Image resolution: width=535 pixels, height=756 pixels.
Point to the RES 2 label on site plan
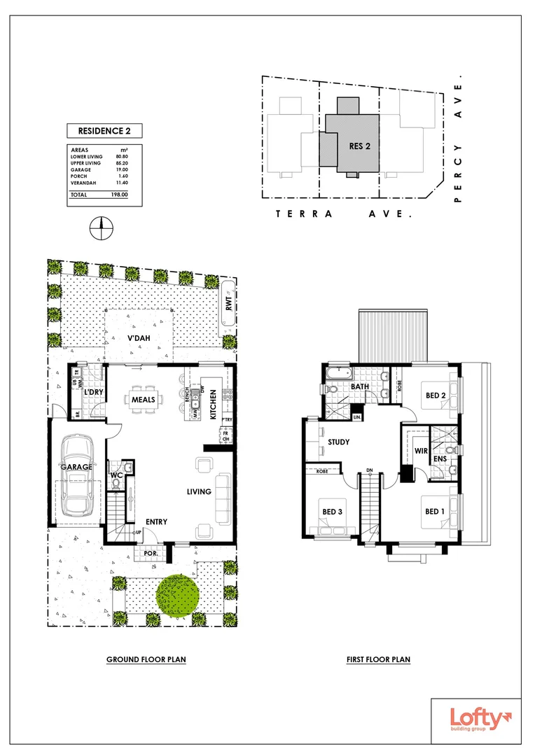pos(359,146)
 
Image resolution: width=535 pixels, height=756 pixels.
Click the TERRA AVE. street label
pos(343,214)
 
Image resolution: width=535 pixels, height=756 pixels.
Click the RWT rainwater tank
pos(228,302)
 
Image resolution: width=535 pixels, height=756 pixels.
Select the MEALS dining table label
pos(143,400)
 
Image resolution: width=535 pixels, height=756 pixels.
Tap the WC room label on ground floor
pos(116,476)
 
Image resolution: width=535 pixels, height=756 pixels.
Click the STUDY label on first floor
pos(339,442)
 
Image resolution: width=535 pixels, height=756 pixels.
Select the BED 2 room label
pos(436,395)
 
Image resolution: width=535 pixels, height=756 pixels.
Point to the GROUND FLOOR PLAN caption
pos(146,659)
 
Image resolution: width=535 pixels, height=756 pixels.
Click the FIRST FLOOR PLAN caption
pos(378,659)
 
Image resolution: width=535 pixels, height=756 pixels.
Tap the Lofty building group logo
pos(476,720)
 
